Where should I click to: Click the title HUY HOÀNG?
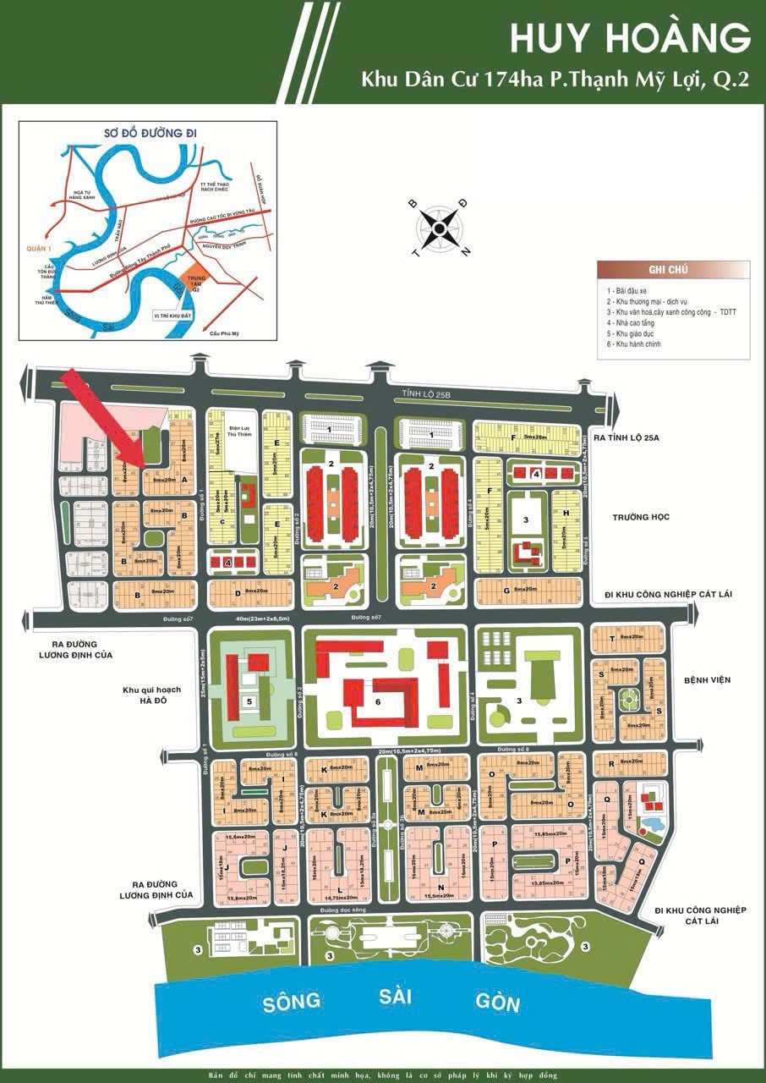pos(629,38)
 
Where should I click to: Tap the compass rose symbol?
pos(440,227)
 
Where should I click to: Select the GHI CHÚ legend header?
pos(668,270)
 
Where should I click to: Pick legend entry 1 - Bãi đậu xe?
pos(631,290)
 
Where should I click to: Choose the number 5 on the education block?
pos(249,701)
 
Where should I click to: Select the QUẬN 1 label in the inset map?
pos(40,249)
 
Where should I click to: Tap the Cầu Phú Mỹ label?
pos(224,333)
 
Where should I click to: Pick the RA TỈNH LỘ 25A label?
pos(648,438)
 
